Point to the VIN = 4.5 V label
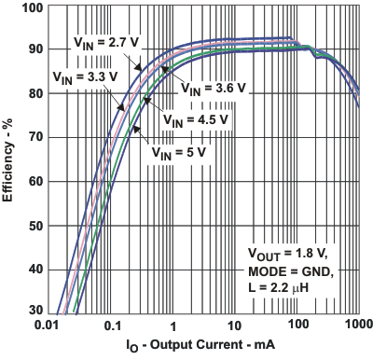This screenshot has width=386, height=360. coord(196,119)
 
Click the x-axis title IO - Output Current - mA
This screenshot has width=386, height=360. coord(205,347)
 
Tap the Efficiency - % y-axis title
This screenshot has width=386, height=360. coord(10,164)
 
